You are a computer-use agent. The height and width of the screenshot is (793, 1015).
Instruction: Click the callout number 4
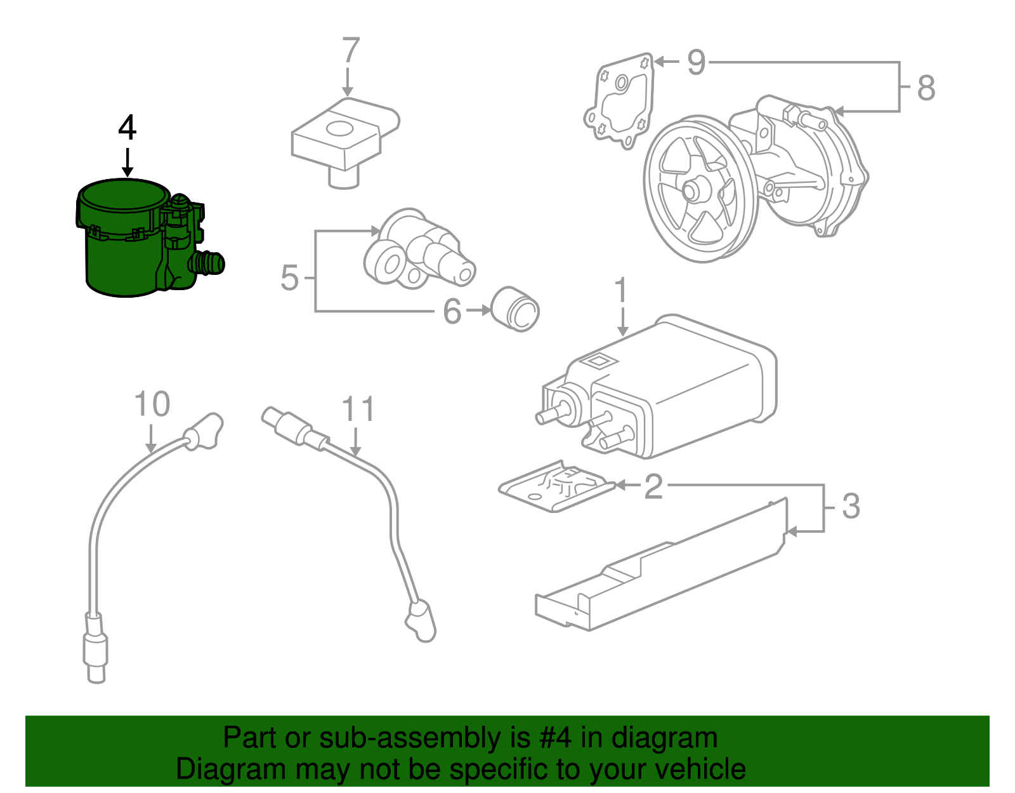(128, 128)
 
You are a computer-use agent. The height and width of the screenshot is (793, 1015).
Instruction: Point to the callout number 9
(696, 62)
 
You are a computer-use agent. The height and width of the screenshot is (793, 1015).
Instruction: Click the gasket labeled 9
(619, 102)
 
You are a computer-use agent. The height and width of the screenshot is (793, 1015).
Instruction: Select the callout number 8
(926, 88)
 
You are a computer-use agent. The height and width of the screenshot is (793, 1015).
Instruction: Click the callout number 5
(289, 278)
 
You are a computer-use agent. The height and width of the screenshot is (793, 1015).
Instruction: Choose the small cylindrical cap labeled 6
(516, 309)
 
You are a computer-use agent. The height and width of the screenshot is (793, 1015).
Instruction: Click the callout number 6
(452, 311)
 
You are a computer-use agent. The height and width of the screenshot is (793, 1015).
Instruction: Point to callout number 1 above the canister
(621, 291)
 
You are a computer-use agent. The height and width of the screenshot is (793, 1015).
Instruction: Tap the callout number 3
(850, 507)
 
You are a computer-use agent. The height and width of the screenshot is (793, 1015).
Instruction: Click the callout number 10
(152, 404)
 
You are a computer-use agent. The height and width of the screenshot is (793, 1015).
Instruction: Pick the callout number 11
(358, 410)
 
